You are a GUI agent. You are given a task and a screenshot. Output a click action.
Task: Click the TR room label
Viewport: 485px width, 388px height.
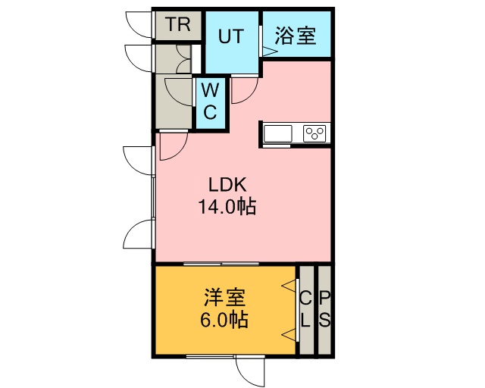178,24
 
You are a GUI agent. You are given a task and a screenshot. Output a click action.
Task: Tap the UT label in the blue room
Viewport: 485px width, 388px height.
232,36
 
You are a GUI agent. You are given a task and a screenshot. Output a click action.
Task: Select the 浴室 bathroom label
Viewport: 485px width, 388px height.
296,36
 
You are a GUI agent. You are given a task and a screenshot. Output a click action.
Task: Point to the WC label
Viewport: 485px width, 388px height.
211,102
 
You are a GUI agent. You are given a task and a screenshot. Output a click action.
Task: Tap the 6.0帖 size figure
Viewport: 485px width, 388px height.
224,320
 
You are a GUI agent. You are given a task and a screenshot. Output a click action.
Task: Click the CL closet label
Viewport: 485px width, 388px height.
305,308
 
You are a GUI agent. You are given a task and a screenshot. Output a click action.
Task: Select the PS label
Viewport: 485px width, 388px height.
324,308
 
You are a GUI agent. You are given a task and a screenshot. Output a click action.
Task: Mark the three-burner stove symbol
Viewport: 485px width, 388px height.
314,133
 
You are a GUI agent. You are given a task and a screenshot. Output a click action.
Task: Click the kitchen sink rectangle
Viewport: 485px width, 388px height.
278,133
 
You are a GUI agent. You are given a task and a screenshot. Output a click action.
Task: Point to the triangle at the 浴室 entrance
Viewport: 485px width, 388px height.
267,51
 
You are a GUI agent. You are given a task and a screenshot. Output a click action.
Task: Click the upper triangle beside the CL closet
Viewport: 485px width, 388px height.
289,285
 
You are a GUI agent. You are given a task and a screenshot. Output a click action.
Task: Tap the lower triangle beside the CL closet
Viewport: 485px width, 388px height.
289,333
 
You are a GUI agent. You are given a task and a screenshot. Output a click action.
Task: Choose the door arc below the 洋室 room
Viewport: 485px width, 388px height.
249,371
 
